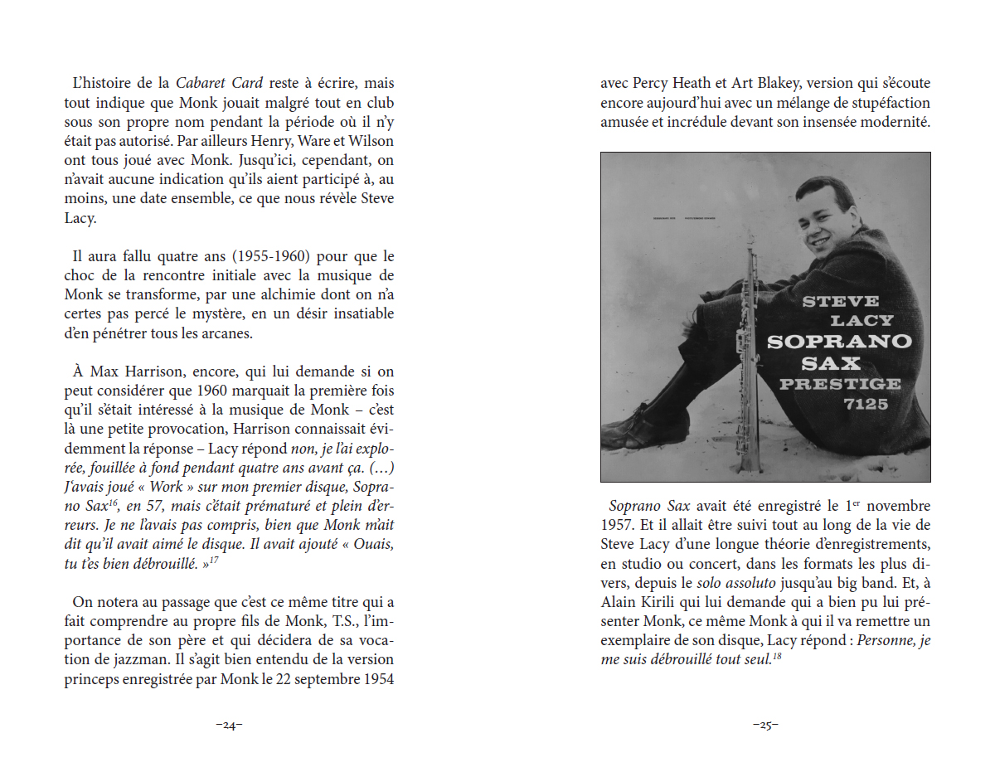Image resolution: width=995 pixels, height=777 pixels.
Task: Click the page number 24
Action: tap(229, 726)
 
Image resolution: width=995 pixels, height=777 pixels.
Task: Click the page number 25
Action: tap(765, 726)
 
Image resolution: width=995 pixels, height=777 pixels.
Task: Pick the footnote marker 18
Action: tap(778, 658)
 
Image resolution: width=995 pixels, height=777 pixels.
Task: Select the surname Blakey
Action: tap(774, 83)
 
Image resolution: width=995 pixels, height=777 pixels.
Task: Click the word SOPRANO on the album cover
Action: tap(839, 341)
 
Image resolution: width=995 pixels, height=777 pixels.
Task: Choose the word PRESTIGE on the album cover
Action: tap(840, 383)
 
